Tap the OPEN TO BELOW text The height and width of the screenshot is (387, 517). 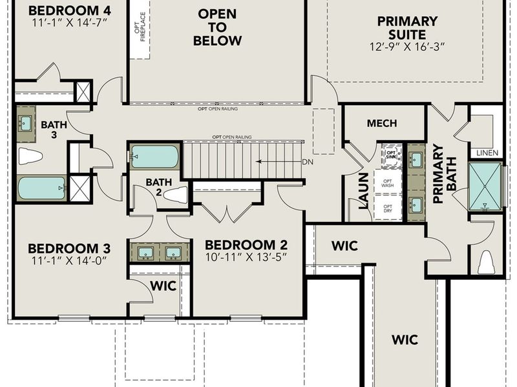pyautogui.click(x=217, y=27)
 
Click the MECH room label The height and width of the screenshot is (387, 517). pyautogui.click(x=382, y=123)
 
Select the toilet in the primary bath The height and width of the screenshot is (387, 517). pyautogui.click(x=485, y=261)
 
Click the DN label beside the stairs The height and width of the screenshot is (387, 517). pyautogui.click(x=308, y=162)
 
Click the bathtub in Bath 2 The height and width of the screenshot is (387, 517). pyautogui.click(x=154, y=157)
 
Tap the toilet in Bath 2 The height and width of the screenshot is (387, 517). pyautogui.click(x=174, y=194)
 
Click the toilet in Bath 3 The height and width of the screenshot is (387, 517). pyautogui.click(x=30, y=156)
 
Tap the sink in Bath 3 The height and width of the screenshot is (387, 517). pyautogui.click(x=26, y=122)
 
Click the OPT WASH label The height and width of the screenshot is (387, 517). pyautogui.click(x=388, y=183)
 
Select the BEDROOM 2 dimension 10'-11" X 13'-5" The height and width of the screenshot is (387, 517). pyautogui.click(x=246, y=257)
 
